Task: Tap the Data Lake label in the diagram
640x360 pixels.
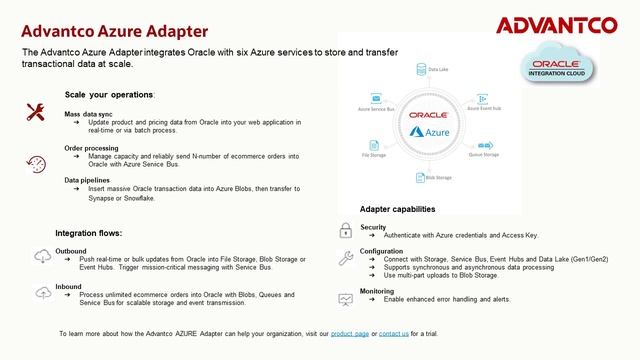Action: (439, 70)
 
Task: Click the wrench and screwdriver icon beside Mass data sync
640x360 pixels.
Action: (35, 113)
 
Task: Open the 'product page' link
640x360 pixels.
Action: (349, 332)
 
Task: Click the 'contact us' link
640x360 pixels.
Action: (393, 332)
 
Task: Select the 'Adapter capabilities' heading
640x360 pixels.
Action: (397, 209)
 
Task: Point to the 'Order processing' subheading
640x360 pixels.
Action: (91, 148)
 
